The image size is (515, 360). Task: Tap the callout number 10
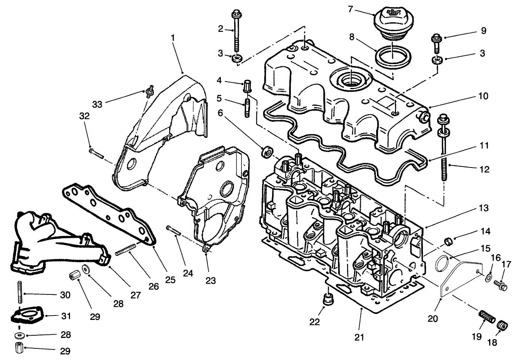(483, 96)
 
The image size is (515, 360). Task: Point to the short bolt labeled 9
(436, 42)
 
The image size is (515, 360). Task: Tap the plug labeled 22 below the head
(328, 300)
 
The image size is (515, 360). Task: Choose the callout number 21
(359, 337)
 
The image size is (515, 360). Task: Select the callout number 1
(173, 38)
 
